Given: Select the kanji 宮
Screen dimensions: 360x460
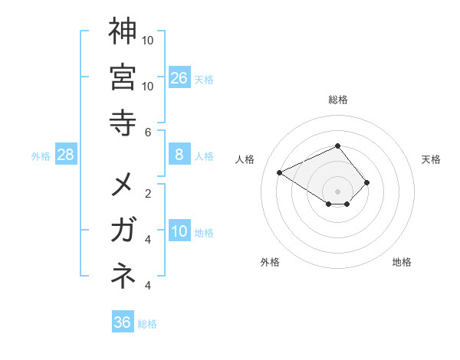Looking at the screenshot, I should click(x=122, y=77).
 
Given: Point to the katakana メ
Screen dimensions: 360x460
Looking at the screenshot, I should click(x=122, y=185).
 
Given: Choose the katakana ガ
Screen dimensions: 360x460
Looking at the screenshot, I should click(x=122, y=231).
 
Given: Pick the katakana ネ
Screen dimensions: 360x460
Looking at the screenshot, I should click(x=122, y=277).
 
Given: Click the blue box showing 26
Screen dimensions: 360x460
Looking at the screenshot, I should click(x=179, y=78).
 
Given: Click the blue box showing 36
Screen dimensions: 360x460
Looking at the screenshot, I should click(x=123, y=322).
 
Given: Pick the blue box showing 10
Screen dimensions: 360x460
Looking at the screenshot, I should click(x=179, y=232).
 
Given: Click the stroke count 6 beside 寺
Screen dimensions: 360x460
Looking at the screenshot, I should click(x=148, y=132).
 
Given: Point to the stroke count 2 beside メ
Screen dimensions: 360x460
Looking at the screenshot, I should click(x=148, y=193).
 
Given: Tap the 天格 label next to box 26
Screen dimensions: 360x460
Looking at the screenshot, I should click(x=204, y=80).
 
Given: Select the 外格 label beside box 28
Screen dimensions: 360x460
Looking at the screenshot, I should click(x=41, y=156).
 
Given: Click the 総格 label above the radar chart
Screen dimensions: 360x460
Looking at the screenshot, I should click(x=337, y=100).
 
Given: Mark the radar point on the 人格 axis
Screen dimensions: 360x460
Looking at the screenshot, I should click(x=280, y=172).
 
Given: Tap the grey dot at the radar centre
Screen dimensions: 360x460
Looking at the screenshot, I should click(x=337, y=191).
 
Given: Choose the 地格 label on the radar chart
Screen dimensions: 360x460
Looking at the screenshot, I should click(x=402, y=262).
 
